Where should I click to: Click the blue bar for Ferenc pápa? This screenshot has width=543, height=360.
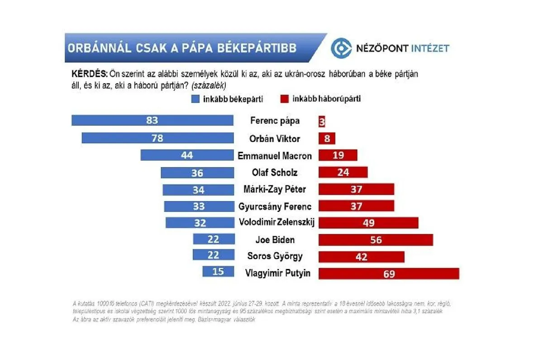(152, 120)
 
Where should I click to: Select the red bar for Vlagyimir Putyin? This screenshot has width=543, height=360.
(389, 274)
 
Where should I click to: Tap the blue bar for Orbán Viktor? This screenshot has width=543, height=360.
(157, 138)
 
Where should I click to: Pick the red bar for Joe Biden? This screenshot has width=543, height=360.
(376, 240)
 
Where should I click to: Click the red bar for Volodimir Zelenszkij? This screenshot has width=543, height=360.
(368, 222)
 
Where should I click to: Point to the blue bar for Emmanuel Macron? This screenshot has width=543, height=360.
(186, 155)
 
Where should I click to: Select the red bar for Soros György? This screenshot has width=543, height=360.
(361, 256)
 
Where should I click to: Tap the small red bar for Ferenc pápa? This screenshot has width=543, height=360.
(322, 121)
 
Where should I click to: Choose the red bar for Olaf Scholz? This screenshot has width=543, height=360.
(343, 172)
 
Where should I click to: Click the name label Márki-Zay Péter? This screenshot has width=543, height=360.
(275, 190)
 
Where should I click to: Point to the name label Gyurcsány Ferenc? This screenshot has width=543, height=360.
(275, 206)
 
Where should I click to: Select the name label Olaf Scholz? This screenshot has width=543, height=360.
(275, 173)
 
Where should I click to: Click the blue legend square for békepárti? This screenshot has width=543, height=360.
(195, 99)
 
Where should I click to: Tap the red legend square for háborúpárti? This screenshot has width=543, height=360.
(284, 99)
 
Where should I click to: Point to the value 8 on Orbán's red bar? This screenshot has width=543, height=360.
(327, 139)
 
